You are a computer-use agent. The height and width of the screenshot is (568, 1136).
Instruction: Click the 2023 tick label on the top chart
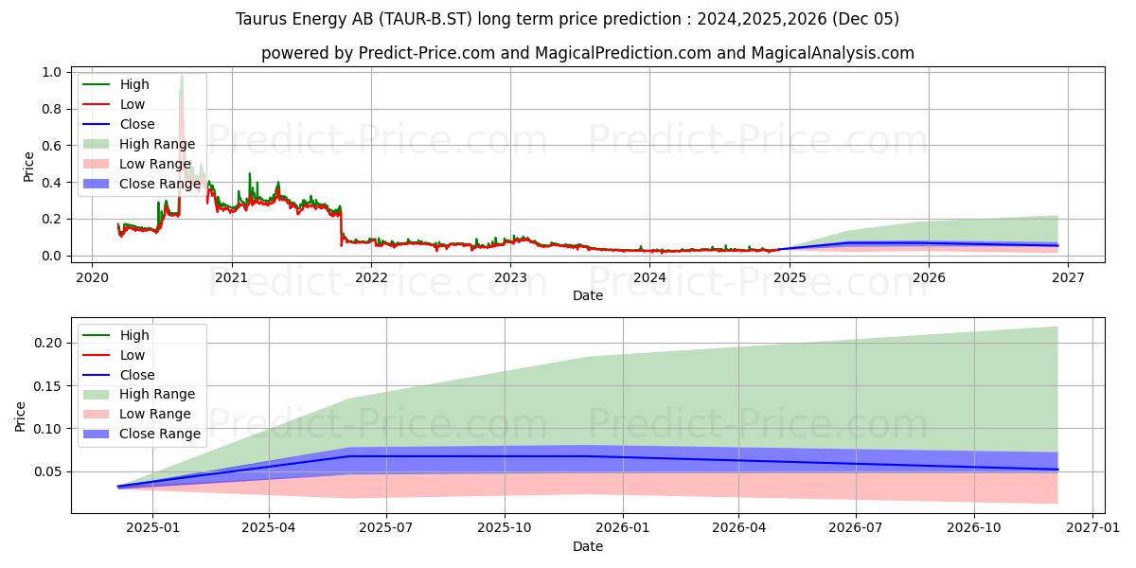(x=510, y=277)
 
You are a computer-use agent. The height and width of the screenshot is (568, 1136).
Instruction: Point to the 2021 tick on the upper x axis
(x=231, y=277)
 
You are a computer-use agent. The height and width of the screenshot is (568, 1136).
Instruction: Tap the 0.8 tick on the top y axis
(x=52, y=109)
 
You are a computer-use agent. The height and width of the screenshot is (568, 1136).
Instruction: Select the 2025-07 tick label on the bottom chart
(x=386, y=527)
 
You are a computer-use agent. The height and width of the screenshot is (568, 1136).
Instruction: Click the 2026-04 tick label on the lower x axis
(x=738, y=527)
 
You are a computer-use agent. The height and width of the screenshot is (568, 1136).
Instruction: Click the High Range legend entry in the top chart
(x=156, y=144)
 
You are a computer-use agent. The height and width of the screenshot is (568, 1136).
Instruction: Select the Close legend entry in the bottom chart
(x=137, y=375)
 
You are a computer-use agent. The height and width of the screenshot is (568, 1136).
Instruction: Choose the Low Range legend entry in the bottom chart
(x=154, y=414)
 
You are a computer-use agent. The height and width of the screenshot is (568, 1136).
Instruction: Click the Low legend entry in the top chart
(x=132, y=104)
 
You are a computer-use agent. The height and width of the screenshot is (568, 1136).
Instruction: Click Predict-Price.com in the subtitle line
(x=427, y=53)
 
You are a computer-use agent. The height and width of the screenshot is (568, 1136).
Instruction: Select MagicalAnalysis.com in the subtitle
(x=833, y=53)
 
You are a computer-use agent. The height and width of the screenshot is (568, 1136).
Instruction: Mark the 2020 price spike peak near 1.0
(x=182, y=76)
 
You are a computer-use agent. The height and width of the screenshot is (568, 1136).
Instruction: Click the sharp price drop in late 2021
(x=341, y=227)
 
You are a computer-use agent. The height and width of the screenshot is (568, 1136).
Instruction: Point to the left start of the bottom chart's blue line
(x=118, y=487)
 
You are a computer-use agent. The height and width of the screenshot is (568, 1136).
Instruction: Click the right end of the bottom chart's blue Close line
(x=1057, y=470)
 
